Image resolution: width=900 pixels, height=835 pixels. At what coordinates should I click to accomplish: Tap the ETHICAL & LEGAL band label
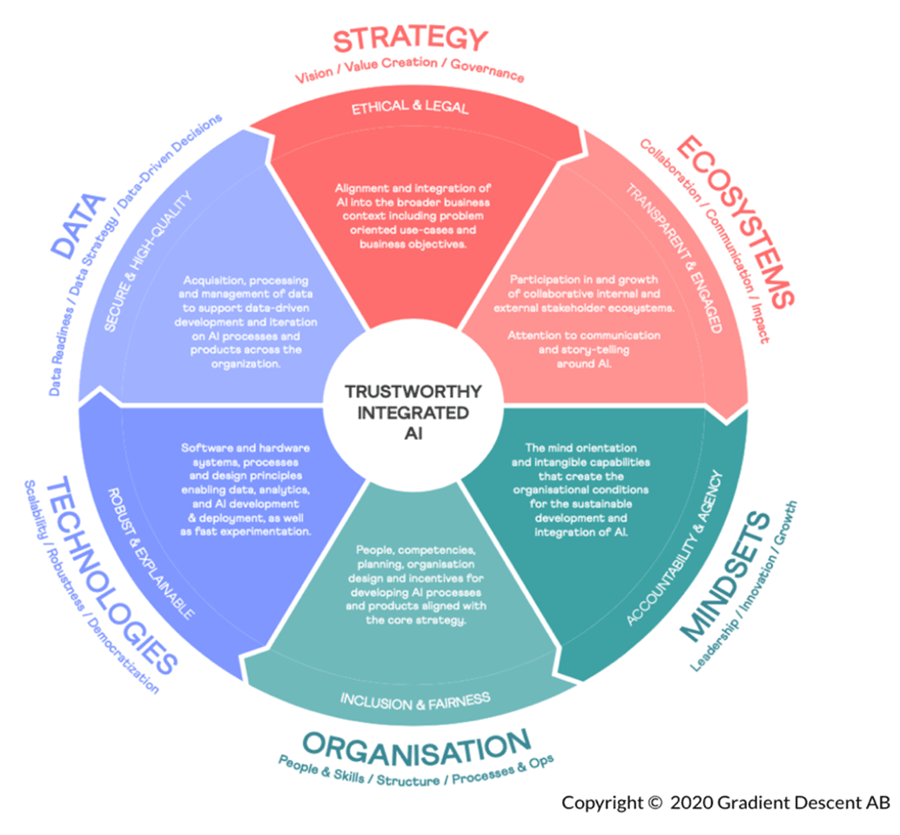pos(410,108)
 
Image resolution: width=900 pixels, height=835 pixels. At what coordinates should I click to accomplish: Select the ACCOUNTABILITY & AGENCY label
pos(674,549)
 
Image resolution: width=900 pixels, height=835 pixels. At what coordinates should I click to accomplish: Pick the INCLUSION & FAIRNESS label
pos(415,698)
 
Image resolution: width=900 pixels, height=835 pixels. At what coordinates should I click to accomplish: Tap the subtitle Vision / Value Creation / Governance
pos(409,71)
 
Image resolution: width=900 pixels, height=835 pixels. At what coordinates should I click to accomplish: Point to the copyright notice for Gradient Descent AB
pos(725,802)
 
